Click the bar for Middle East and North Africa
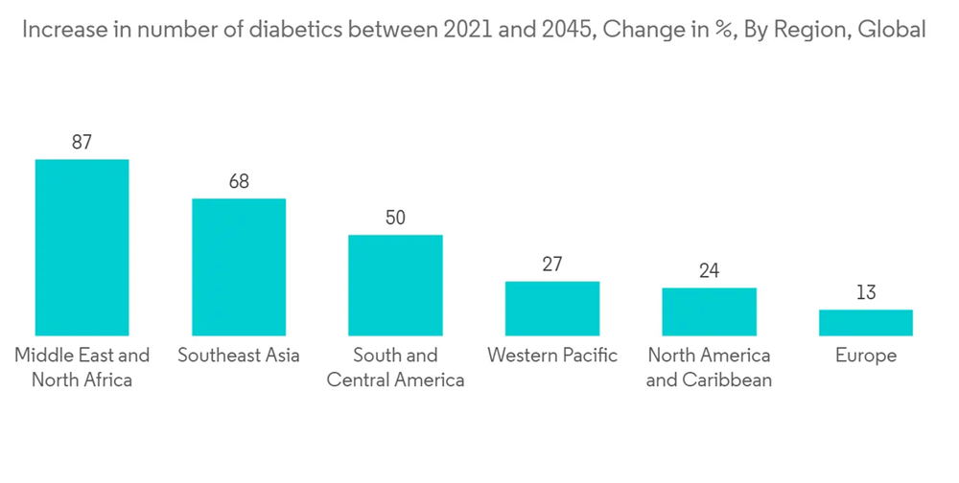tap(82, 247)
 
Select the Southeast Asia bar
tap(239, 267)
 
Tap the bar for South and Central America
tap(395, 285)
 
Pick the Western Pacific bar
tap(552, 309)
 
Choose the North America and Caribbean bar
tap(709, 311)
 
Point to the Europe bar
tap(866, 323)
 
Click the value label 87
tap(82, 142)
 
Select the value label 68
tap(239, 181)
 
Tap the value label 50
tap(395, 218)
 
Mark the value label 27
tap(552, 264)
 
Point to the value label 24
tap(709, 270)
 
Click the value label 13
tap(866, 292)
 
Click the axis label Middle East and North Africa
tap(82, 367)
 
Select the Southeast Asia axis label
tap(239, 356)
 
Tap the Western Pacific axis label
tap(552, 356)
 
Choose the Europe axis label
tap(866, 356)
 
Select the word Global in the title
tap(891, 30)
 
